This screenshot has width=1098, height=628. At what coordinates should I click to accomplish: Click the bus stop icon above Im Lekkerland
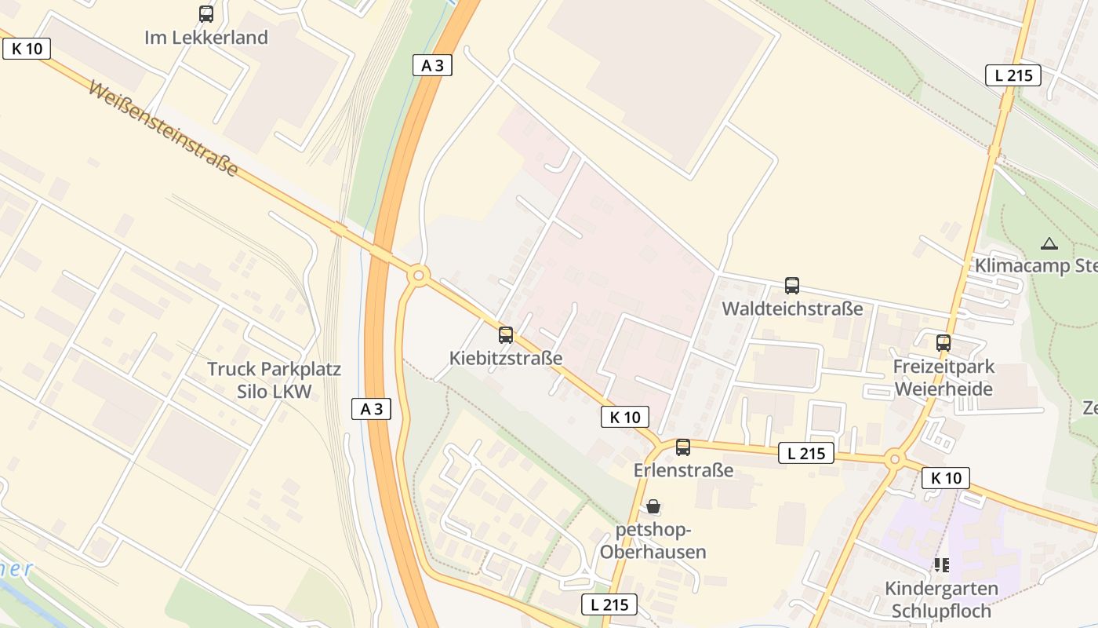206,13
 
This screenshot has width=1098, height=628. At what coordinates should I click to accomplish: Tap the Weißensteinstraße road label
163,128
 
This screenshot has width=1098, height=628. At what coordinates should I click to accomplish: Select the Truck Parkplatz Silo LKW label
274,380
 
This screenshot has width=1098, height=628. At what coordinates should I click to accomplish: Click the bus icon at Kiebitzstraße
506,335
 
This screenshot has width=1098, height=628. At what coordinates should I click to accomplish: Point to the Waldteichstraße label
792,309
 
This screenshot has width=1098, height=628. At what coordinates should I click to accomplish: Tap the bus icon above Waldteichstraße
792,286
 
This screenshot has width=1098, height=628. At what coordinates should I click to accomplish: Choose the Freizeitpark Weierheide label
943,378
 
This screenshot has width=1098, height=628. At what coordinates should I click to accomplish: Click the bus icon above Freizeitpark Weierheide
943,343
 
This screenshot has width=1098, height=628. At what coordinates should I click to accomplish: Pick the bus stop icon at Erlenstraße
683,447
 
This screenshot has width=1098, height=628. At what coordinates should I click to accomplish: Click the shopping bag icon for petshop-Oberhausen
653,506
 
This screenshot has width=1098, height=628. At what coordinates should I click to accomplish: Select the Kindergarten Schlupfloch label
941,599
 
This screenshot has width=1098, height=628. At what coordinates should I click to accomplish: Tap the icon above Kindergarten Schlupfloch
941,565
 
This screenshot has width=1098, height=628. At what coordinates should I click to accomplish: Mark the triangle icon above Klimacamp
1049,243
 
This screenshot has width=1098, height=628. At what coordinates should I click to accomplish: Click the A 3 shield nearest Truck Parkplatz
371,408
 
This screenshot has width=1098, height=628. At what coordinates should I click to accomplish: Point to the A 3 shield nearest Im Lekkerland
432,65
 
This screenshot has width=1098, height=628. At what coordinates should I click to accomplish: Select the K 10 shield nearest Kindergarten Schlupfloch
945,477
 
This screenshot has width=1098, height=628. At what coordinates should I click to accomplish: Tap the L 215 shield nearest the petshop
609,604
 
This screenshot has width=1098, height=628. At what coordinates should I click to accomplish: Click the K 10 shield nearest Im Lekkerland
27,49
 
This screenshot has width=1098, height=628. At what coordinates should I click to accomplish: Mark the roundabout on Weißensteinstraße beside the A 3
419,276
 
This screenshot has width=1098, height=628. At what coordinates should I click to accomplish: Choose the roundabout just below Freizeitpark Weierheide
894,460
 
